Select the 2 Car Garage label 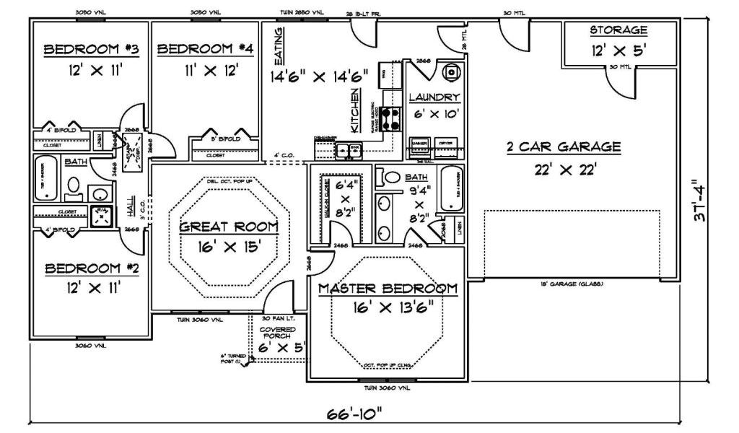[x=563, y=147]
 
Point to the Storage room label [x=618, y=30]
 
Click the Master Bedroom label [x=388, y=289]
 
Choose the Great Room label [x=228, y=227]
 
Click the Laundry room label [x=434, y=97]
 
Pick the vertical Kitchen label [x=355, y=110]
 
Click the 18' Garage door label [x=572, y=283]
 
